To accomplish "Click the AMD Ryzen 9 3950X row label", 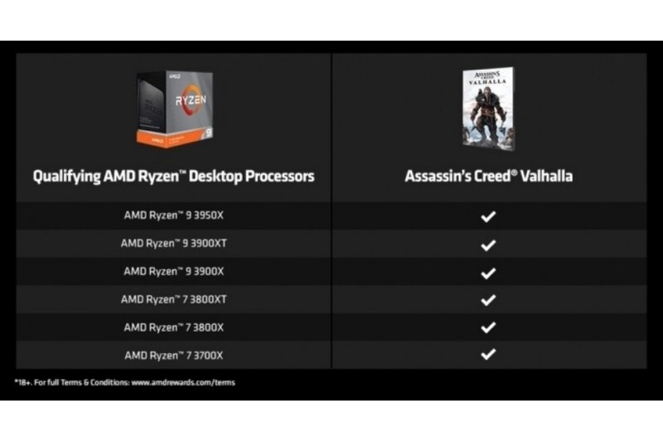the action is [173, 216].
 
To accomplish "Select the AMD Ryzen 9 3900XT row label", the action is [173, 243].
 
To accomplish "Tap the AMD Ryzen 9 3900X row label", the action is [173, 271].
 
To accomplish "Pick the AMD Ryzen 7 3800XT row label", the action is [173, 299].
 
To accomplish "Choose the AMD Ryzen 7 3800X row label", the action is [173, 328].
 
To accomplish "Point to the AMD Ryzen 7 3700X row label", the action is [173, 355].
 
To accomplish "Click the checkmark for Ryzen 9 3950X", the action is [488, 216].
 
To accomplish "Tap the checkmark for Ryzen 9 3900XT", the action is [488, 245].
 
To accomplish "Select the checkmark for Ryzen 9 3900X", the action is [488, 273].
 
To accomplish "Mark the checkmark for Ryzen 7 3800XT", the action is [488, 300].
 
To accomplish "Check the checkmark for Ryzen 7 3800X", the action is [488, 328].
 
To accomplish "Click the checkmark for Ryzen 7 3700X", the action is [488, 354].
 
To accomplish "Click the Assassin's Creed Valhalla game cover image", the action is [489, 109].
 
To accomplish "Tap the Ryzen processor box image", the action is [174, 109].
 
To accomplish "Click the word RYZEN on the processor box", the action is [191, 100].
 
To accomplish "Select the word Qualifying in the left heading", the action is [67, 177].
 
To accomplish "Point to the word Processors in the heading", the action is [280, 177].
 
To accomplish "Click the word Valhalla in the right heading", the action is [546, 176].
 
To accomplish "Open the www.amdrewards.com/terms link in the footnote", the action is [183, 383].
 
